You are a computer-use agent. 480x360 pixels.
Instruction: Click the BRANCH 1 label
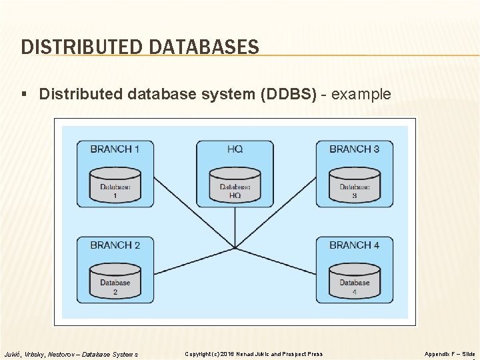pos(115,149)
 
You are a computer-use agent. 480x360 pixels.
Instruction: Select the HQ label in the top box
pos(235,149)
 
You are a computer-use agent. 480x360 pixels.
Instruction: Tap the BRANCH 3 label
pos(354,149)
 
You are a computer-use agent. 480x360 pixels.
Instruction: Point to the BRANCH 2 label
pos(115,245)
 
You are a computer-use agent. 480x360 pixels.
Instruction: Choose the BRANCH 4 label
pos(354,245)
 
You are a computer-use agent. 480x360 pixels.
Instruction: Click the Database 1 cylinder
pos(115,187)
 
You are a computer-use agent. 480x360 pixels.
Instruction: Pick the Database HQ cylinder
pos(235,187)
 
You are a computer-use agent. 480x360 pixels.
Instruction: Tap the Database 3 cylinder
pos(354,187)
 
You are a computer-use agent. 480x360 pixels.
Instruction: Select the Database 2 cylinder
pos(115,283)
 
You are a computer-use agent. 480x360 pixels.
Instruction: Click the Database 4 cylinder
pos(354,283)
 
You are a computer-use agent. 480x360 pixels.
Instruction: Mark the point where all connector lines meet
pos(235,249)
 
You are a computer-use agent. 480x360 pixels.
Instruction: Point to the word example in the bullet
pos(361,95)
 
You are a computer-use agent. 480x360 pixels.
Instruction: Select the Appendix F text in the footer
pos(441,354)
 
